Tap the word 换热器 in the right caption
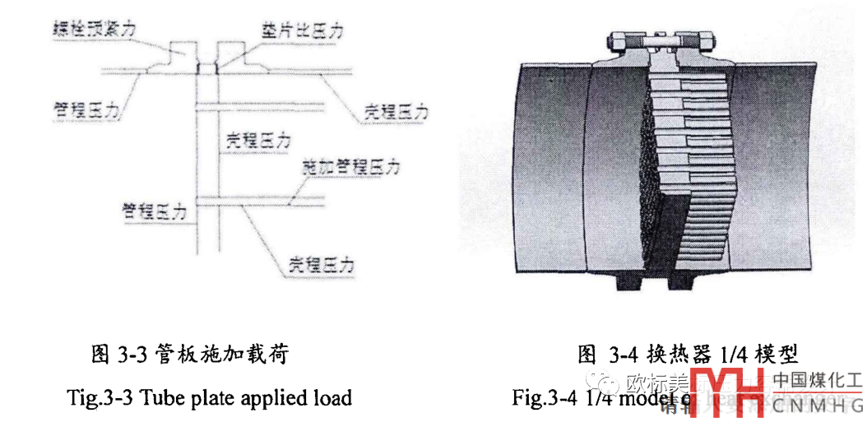tap(675, 355)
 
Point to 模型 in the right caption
tap(777, 355)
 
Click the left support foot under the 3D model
tap(625, 281)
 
